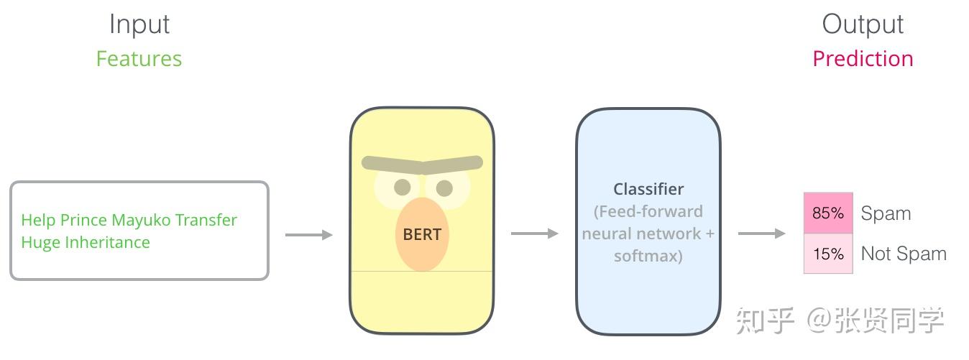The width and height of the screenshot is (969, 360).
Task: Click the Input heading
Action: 139,24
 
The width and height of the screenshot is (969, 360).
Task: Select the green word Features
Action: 139,59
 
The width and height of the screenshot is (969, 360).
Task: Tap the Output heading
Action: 863,24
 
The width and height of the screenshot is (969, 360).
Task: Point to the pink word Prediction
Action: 863,59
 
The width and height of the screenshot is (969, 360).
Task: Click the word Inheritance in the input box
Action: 107,243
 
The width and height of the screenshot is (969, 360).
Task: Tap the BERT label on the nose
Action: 422,234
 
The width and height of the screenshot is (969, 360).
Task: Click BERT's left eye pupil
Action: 403,188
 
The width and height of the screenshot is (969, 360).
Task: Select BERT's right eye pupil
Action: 444,188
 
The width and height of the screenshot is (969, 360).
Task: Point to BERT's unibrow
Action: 422,164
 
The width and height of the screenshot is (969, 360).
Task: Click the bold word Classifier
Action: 648,189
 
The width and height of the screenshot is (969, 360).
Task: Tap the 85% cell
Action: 828,213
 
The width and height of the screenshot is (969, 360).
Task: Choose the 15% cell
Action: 828,254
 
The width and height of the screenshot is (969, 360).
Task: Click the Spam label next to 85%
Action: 886,213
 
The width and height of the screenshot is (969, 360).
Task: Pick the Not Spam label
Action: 904,254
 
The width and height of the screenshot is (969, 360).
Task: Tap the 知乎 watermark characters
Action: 764,320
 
